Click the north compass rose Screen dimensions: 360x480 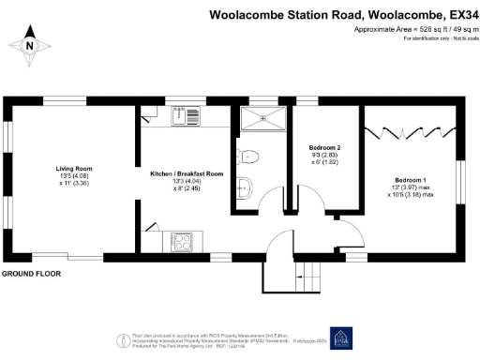click(x=30, y=45)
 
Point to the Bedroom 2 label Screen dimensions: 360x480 click(x=324, y=148)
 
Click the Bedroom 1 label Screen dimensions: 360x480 click(x=411, y=179)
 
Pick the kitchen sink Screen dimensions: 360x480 click(x=181, y=117)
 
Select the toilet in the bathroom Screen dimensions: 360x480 click(x=247, y=157)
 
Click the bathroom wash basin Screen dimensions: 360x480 click(x=245, y=185)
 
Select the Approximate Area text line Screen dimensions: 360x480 click(x=404, y=30)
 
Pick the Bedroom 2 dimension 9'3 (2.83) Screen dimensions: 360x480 click(x=324, y=157)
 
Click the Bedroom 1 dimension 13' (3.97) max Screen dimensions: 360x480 click(x=411, y=188)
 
